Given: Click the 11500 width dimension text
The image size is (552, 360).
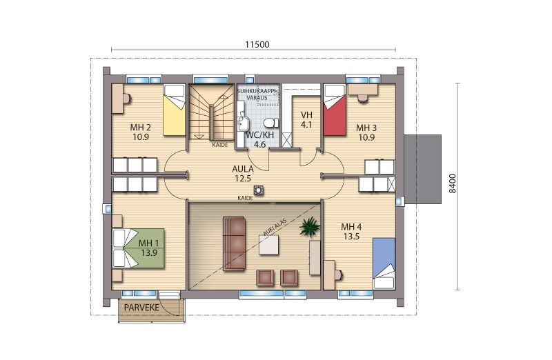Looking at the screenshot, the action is [257, 44].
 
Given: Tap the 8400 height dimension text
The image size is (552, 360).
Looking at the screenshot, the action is [453, 183].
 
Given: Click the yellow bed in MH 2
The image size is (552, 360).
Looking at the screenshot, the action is [175, 110].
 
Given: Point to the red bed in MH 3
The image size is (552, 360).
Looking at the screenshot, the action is [335, 110].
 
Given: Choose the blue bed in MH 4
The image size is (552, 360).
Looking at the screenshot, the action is [384, 263].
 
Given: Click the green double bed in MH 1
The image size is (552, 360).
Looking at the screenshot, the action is [139, 248].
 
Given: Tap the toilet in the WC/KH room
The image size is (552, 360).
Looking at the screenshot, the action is [270, 123].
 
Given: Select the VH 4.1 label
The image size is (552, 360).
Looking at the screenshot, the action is [306, 119].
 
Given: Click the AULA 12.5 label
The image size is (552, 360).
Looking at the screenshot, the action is [243, 174].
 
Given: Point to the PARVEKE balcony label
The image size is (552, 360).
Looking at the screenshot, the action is [141, 308].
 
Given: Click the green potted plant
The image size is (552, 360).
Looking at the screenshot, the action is [310, 227].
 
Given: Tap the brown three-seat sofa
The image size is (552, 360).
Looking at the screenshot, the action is [234, 243].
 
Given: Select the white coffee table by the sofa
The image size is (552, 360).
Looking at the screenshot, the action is [269, 245].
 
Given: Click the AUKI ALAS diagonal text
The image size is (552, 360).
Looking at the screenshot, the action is [275, 227].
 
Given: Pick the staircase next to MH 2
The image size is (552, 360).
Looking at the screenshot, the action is [211, 112].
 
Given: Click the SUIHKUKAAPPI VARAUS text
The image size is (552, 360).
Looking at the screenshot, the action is [257, 94].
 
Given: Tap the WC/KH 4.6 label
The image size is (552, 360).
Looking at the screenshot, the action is [260, 140].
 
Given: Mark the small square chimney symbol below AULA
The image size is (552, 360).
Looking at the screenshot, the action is [259, 190].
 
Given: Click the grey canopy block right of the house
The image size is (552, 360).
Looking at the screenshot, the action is [422, 169].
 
